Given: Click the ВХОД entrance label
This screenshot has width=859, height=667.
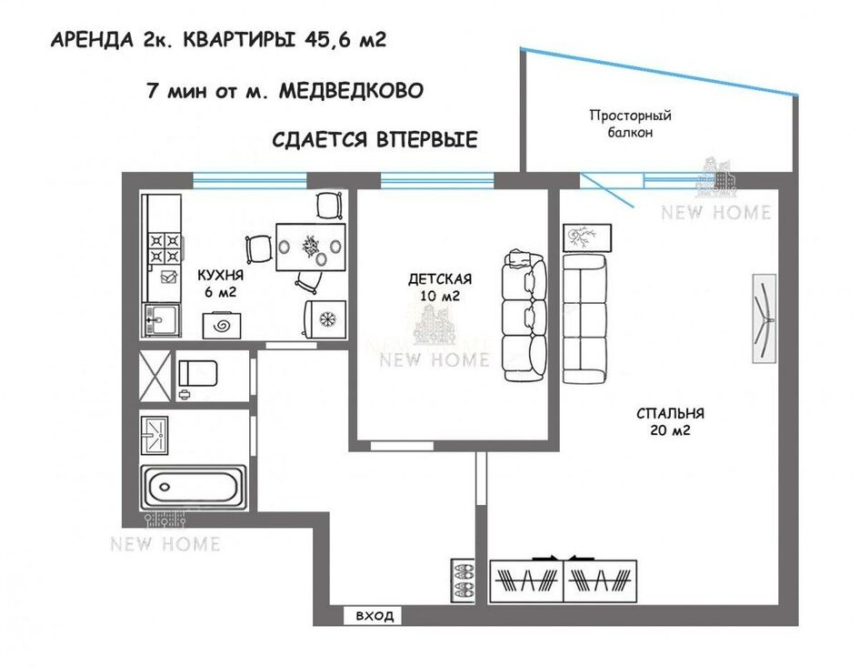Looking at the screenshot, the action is click(x=375, y=615).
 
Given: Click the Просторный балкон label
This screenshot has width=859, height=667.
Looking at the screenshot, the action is click(x=630, y=124).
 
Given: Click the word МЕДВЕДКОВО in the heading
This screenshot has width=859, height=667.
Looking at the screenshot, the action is click(x=351, y=90).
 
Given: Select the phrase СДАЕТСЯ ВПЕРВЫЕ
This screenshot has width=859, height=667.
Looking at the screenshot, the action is click(x=375, y=139).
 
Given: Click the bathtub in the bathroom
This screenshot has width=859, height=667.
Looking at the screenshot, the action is click(x=194, y=487).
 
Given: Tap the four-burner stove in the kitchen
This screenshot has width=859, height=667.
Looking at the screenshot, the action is click(x=165, y=248).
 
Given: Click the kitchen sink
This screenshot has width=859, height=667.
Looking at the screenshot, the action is click(x=162, y=319).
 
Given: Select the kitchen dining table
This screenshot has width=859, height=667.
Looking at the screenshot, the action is click(x=311, y=247).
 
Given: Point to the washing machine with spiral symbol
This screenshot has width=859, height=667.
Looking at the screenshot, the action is click(x=222, y=325).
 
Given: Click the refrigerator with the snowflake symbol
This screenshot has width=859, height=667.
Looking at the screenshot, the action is click(x=325, y=318).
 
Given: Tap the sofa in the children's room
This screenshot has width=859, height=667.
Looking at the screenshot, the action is click(x=524, y=316).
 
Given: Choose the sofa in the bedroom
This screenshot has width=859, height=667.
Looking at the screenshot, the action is click(x=585, y=318).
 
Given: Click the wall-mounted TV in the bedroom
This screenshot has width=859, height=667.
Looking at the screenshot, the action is click(x=764, y=318).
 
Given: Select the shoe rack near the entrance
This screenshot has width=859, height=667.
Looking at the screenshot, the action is click(x=463, y=581).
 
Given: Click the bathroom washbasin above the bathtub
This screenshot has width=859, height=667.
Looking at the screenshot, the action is click(x=155, y=436).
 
